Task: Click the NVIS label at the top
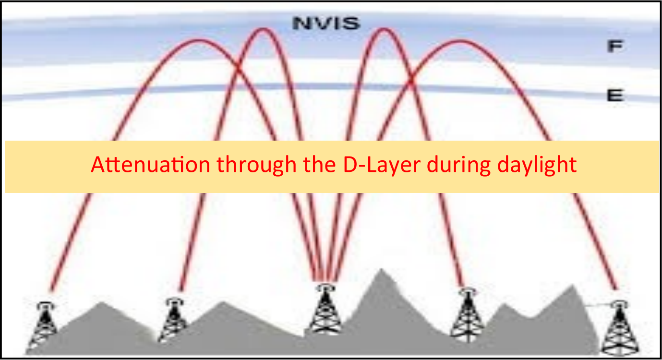pos(326,24)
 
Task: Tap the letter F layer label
pos(615,47)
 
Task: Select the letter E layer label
pos(615,96)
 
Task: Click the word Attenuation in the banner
pos(150,165)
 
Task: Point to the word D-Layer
pos(382,165)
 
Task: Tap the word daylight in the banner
pos(537,165)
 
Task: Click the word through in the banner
pos(256,165)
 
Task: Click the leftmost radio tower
pos(44,325)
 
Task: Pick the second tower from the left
pos(174,319)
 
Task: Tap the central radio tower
pos(325,309)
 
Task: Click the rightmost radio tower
pos(620,328)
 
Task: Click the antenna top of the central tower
pos(325,288)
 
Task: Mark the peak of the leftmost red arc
pos(198,40)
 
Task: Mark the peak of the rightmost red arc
pos(460,41)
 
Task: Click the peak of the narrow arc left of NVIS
pos(263,29)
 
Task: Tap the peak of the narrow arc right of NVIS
pos(384,29)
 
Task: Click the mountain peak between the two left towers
pos(102,302)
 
